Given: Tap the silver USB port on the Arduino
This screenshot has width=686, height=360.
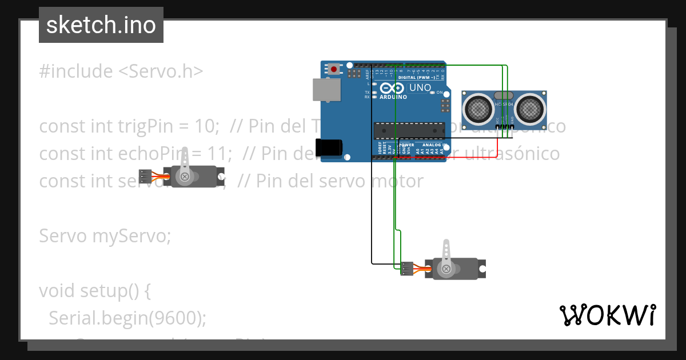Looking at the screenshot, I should pos(326,90).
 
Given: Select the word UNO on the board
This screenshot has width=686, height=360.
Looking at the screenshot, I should pos(420,88).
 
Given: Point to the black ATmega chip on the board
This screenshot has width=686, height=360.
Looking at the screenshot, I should pos(408,131).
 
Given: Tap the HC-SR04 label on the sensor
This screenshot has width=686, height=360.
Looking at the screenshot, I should pos(504,104).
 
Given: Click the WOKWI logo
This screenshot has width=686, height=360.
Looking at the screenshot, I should pos(607,315).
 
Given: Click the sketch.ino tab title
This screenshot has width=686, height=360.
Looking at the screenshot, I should pos(101,25).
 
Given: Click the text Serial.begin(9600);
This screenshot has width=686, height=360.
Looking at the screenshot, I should pos(127,318).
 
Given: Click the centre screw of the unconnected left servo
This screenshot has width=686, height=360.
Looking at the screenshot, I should pos(185,177).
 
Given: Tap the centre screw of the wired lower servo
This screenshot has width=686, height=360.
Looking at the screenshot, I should pos(446,269).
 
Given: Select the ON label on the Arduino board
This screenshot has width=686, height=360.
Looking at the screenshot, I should pos(440,93).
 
